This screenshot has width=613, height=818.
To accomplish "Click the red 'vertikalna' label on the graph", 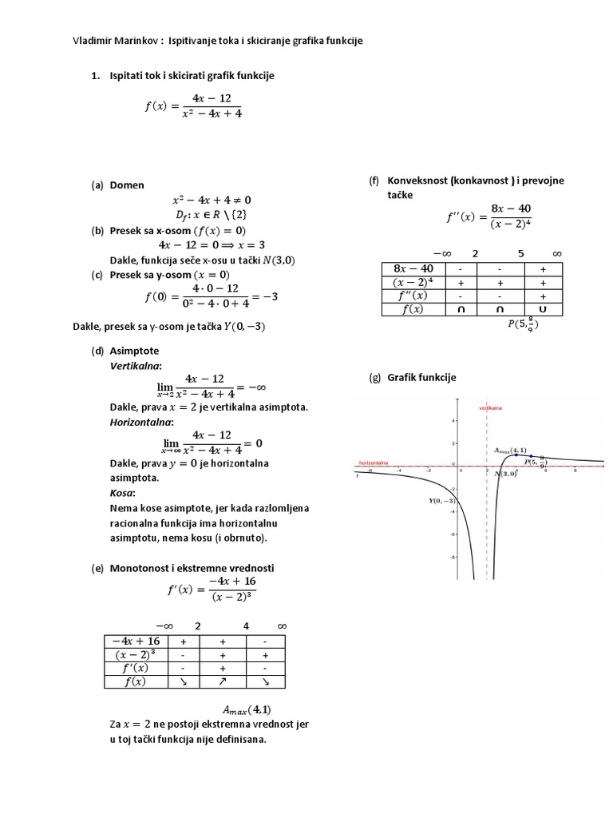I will (x=489, y=407).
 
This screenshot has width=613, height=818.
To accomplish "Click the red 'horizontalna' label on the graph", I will (x=374, y=462).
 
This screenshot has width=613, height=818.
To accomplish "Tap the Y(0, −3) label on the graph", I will (x=441, y=500).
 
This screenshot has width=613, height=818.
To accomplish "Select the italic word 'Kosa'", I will (x=122, y=494).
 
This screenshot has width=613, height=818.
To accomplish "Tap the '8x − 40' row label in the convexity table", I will (x=413, y=268).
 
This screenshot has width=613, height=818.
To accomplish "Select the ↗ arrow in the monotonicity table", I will (x=223, y=681).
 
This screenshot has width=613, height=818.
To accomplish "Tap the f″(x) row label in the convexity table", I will (x=413, y=296).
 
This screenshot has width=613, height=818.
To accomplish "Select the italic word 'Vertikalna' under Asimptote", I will (x=135, y=365).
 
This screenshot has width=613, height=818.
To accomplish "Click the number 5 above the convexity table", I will (x=520, y=253).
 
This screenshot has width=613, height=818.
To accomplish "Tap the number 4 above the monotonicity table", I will (x=246, y=625).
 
